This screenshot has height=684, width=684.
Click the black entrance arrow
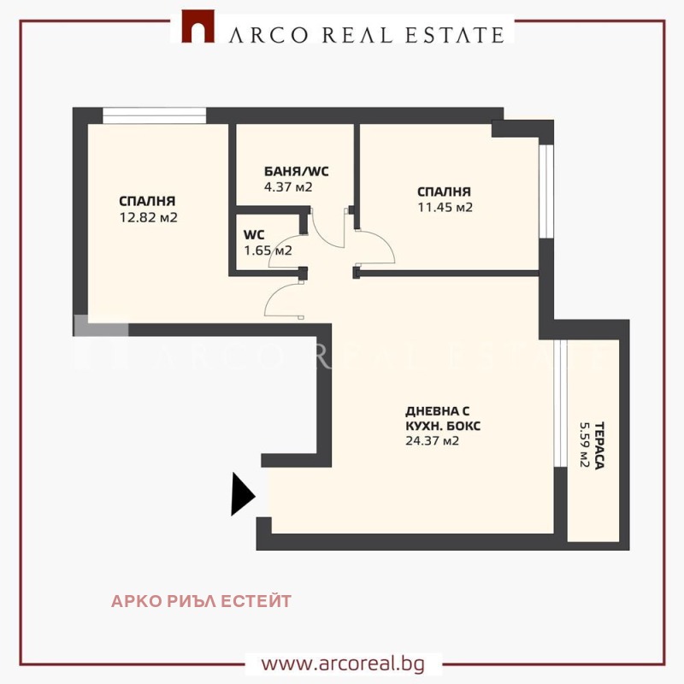[242, 494]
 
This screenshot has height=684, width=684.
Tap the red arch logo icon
[198, 27]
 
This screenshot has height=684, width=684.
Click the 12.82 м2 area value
[148, 217]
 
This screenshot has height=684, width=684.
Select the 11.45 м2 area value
[445, 207]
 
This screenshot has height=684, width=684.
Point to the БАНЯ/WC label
[296, 171]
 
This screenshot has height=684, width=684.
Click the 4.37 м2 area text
[288, 187]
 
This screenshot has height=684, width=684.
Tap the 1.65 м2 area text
[268, 251]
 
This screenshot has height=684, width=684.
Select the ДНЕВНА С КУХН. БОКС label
[443, 418]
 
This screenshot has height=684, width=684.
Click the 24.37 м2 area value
[432, 441]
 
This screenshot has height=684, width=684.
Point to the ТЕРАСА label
[599, 445]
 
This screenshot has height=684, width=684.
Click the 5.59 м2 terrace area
[585, 445]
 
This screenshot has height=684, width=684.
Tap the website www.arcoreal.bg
[343, 664]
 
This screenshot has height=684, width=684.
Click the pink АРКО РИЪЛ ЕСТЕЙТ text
[201, 601]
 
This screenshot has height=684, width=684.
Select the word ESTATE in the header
[455, 35]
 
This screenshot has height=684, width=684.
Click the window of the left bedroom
[155, 115]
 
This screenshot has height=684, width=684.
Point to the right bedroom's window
[546, 192]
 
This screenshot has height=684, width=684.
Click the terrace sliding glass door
[560, 403]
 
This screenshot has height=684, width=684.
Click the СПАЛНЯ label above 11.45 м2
[444, 192]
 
